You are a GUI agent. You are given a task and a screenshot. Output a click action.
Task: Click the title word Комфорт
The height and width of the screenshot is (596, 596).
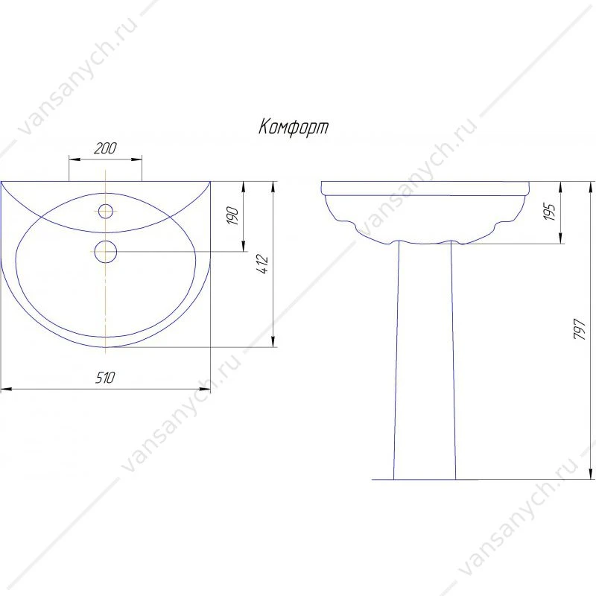(x=294, y=127)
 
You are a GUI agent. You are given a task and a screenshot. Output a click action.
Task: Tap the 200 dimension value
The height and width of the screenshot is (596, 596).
(x=105, y=148)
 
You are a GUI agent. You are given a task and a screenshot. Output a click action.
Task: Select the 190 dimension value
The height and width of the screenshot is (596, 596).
(x=232, y=216)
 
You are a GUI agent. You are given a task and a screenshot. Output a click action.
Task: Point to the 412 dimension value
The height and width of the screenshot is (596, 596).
(x=262, y=264)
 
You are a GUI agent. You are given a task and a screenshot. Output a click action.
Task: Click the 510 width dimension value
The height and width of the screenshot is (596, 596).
(x=104, y=378)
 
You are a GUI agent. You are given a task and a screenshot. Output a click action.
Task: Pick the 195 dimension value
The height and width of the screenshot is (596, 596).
(x=550, y=212)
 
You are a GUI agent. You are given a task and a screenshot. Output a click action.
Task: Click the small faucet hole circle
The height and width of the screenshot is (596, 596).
(x=105, y=211)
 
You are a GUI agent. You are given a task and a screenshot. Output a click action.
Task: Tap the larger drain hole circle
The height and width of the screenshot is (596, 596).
(x=105, y=252)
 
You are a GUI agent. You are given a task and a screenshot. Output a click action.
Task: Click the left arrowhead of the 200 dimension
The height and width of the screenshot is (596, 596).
(x=73, y=159)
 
